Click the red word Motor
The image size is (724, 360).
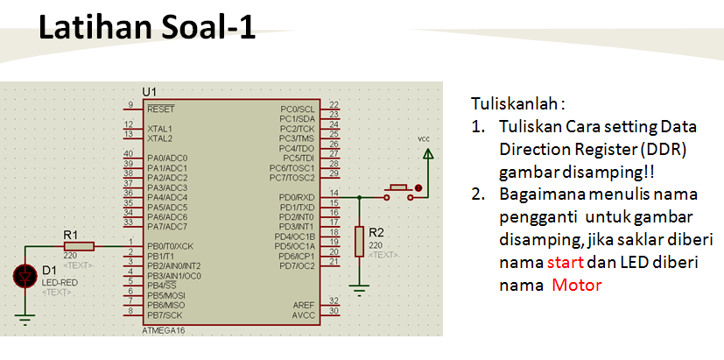[x=576, y=286]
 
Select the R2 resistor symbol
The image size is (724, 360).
[x=359, y=241]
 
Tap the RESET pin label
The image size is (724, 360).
[x=161, y=109]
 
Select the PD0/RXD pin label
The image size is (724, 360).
[x=298, y=197]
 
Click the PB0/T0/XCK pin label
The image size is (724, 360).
[x=171, y=246]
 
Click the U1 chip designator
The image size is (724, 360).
[x=149, y=92]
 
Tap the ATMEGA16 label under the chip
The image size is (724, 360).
[x=164, y=331]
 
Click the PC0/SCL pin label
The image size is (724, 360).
[x=298, y=109]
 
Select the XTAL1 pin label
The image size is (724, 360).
[x=160, y=129]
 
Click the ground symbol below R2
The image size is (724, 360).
[x=359, y=286]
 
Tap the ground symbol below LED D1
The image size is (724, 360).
[x=25, y=321]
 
